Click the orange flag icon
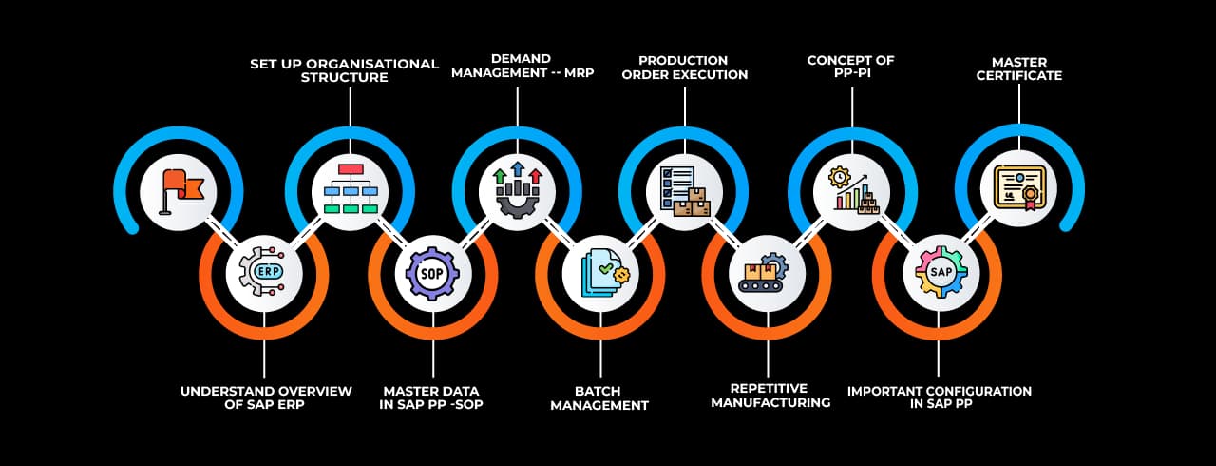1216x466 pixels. [x=179, y=191]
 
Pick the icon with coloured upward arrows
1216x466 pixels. [x=517, y=188]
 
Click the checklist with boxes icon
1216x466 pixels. [x=684, y=190]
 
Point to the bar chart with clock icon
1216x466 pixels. [x=852, y=188]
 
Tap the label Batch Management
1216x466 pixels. [x=599, y=398]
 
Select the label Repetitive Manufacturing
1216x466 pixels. [x=770, y=396]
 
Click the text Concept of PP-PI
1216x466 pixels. [x=850, y=68]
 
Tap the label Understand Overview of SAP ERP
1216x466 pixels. [x=266, y=398]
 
